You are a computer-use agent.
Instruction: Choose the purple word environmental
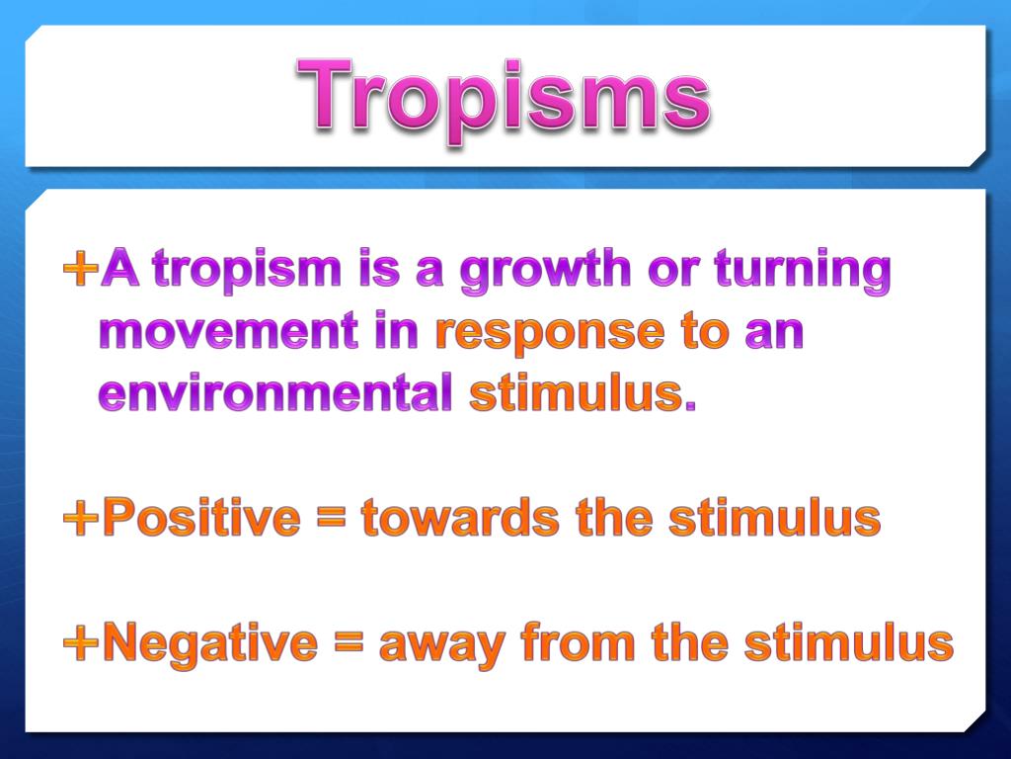click(275, 393)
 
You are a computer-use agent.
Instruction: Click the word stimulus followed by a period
click(582, 393)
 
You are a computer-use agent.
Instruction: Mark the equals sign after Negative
click(348, 644)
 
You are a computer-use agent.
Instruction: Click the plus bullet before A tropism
click(80, 269)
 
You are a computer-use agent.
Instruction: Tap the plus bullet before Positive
click(80, 517)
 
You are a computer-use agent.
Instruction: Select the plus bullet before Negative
click(80, 643)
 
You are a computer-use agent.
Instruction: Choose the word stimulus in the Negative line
click(848, 643)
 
